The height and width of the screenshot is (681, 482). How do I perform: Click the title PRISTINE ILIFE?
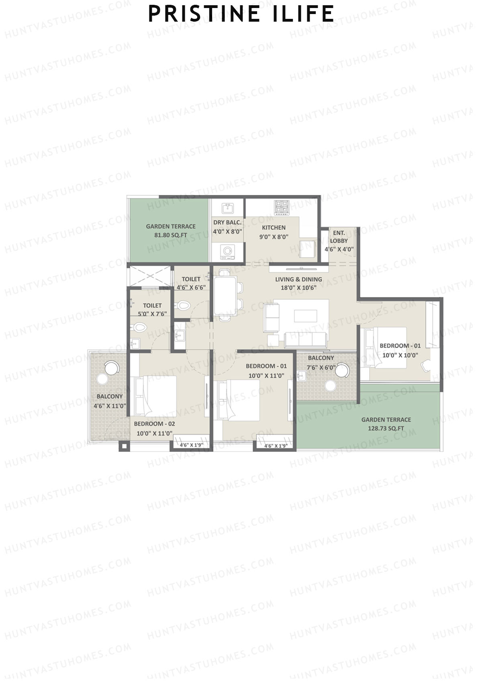coord(241,14)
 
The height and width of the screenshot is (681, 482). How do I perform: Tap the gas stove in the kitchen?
coord(282,207)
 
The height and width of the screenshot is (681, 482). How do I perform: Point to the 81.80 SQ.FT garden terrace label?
coord(171,236)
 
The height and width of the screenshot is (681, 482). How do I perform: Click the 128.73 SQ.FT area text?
coord(386,428)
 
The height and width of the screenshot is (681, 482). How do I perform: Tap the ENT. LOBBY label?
coord(339,237)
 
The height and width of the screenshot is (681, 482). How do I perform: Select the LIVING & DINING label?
coord(298,279)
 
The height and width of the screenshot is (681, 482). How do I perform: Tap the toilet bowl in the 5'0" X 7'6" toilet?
coord(139,327)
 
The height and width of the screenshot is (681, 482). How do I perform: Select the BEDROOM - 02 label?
coord(155,424)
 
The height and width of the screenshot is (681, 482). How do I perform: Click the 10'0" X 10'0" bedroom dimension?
coord(400,355)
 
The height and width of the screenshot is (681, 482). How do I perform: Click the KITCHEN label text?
coord(274,228)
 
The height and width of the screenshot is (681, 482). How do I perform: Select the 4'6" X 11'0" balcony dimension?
coord(110,406)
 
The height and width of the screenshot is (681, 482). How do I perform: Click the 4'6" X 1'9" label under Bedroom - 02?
coord(191,445)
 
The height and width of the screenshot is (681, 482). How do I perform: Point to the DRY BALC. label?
coord(227,222)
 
